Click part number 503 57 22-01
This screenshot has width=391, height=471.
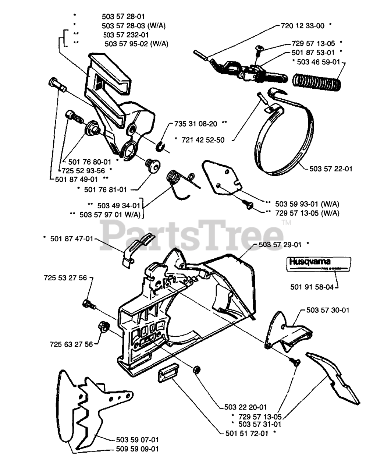[x=331, y=169]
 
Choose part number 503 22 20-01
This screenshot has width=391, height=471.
[x=245, y=407]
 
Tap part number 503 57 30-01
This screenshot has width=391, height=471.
[x=328, y=310]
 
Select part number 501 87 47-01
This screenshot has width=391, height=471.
[x=72, y=239]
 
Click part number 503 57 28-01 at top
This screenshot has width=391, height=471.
[x=123, y=16]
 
